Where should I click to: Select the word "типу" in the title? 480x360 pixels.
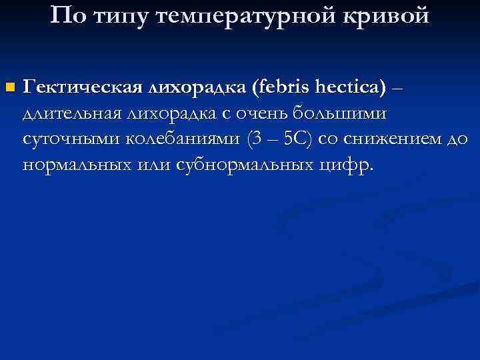click(122, 15)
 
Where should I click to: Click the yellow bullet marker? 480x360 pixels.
click(9, 88)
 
